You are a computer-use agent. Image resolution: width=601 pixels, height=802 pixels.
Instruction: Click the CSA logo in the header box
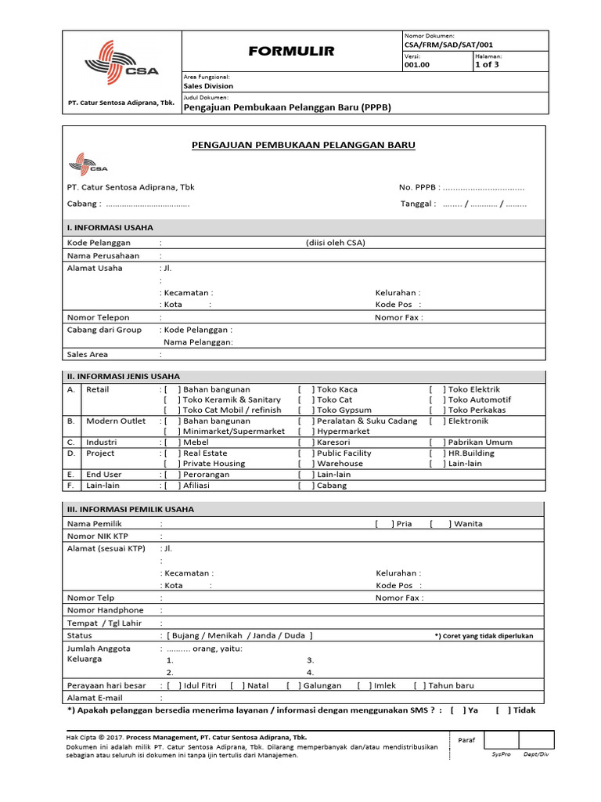click(x=121, y=63)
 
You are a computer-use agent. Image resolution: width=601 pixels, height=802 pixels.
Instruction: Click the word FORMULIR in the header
click(x=291, y=51)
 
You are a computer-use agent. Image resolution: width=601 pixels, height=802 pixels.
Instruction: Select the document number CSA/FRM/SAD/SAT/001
click(x=448, y=45)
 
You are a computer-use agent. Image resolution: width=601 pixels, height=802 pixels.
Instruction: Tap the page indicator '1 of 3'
click(x=487, y=65)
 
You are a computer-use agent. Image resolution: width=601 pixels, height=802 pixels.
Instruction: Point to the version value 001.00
click(x=417, y=65)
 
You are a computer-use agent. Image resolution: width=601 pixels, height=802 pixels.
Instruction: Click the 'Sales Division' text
click(x=208, y=86)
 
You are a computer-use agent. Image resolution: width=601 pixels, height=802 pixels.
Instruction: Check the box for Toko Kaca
click(x=307, y=389)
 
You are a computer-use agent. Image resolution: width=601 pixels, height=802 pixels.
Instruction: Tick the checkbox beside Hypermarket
click(x=307, y=432)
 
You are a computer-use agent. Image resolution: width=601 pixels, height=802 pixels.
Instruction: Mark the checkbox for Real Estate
click(x=172, y=453)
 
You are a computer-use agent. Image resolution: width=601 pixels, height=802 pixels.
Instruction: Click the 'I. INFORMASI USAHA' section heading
click(x=110, y=227)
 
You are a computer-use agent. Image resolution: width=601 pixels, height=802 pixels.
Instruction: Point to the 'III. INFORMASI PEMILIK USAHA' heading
click(x=130, y=509)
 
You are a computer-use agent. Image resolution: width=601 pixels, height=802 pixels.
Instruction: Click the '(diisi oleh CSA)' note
click(x=336, y=243)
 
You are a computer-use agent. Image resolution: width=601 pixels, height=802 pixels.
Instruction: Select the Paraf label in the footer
click(x=466, y=739)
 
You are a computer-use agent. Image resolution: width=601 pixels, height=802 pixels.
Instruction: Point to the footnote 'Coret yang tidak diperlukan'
click(x=484, y=636)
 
